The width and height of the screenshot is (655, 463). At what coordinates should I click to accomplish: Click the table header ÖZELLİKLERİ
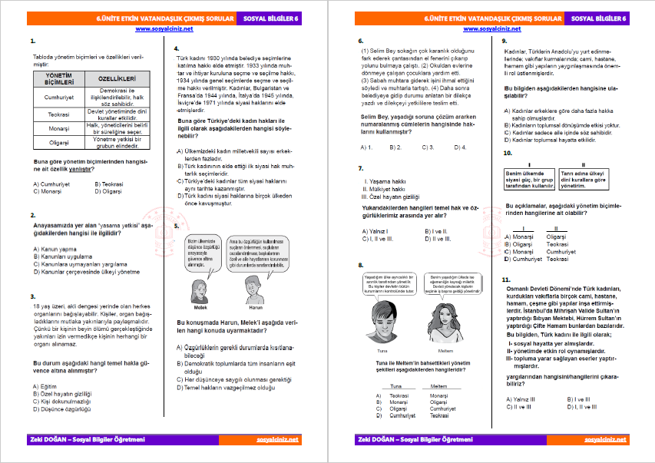(x=117, y=80)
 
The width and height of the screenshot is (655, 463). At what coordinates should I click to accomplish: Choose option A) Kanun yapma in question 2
(x=55, y=249)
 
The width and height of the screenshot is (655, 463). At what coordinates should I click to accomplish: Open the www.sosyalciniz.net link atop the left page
(x=164, y=28)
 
